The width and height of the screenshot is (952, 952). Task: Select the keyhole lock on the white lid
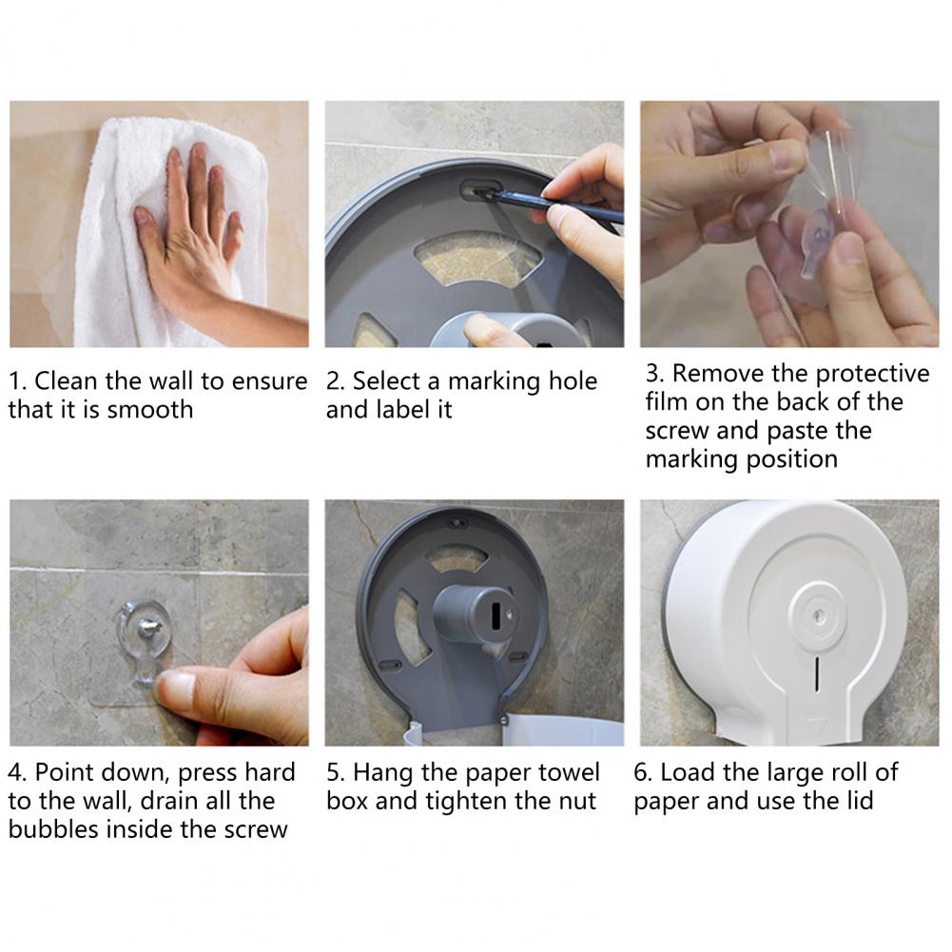[817, 616]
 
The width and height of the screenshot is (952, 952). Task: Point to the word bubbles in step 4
[53, 828]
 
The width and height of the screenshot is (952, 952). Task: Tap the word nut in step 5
[577, 802]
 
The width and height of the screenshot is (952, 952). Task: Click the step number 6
[642, 772]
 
